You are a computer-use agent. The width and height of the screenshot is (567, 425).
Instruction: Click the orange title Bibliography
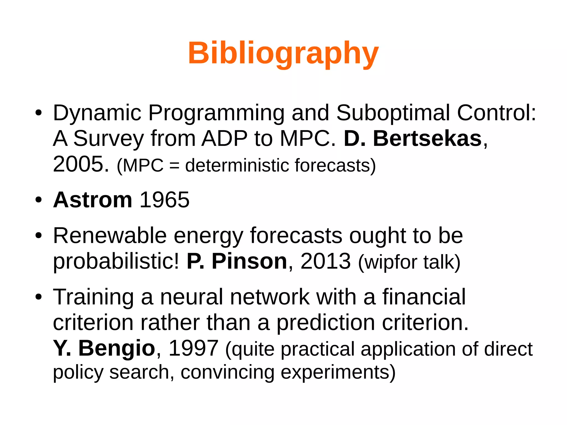click(x=283, y=53)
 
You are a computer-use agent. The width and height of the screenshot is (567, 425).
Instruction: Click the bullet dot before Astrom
click(x=38, y=200)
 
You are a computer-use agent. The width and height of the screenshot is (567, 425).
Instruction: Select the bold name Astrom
click(x=92, y=200)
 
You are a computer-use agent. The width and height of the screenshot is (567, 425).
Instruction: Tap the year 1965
click(x=164, y=200)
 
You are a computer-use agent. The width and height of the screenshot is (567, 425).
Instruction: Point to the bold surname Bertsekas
click(x=427, y=138)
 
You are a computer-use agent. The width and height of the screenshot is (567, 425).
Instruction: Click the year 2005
click(x=81, y=164)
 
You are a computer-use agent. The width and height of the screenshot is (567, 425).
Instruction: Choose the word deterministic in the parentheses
click(x=237, y=166)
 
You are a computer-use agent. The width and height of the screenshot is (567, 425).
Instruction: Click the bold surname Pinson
click(x=249, y=261)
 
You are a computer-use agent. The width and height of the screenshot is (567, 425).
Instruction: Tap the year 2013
click(x=326, y=261)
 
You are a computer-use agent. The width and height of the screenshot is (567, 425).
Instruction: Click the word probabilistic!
click(x=116, y=261)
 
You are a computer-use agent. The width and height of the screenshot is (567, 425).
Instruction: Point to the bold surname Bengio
click(x=117, y=348)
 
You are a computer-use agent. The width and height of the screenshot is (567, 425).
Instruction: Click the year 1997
click(x=193, y=348)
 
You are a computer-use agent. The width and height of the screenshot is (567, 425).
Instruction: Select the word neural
click(x=192, y=297)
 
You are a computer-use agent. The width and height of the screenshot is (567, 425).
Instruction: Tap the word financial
click(x=424, y=297)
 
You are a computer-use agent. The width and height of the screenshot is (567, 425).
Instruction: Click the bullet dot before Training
click(x=38, y=297)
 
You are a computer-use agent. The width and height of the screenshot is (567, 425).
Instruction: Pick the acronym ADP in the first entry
click(x=225, y=138)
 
